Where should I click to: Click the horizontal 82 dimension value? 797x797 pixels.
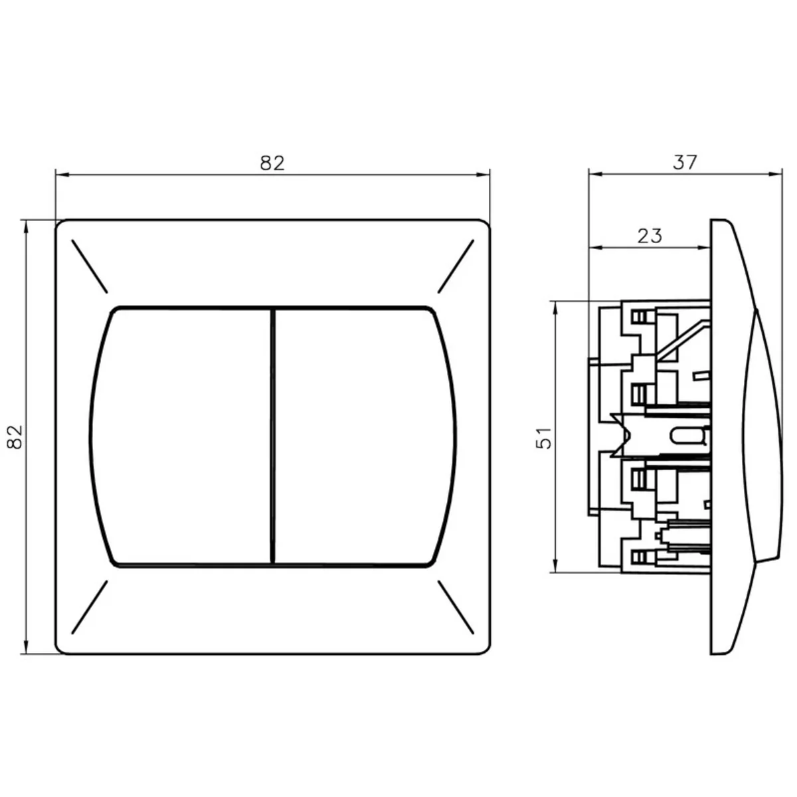tap(272, 163)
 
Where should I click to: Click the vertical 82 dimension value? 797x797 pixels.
tap(15, 437)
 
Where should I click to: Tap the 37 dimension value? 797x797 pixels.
tap(685, 162)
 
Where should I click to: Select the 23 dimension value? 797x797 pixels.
tap(650, 236)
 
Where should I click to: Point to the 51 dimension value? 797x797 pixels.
tap(544, 438)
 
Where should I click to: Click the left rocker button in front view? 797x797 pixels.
tap(181, 437)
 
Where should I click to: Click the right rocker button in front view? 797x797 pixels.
tap(365, 437)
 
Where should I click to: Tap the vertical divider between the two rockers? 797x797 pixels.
tap(273, 437)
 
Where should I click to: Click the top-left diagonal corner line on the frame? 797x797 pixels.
tap(90, 266)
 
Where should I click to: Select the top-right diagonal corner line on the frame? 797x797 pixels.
tap(456, 266)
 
